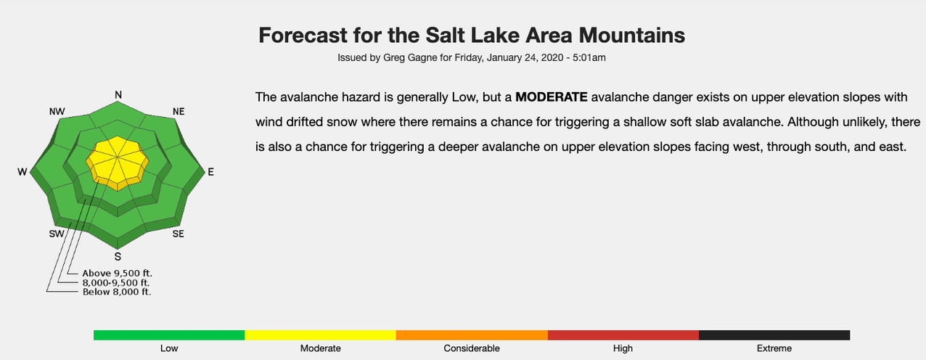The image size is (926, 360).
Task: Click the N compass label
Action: coord(118,95)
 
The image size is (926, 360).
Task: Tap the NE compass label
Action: coord(179,112)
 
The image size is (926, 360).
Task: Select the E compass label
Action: coord(211,172)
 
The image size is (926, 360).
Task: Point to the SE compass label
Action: coord(179,234)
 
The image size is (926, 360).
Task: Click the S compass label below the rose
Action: coord(118,257)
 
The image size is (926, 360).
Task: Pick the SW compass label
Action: coord(57,234)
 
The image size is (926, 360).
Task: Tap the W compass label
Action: coord(22,172)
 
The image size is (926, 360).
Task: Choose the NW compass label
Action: coord(57,112)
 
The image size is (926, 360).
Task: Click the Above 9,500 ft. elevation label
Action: coord(118,273)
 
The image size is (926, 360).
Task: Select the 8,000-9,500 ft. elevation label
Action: coord(116,283)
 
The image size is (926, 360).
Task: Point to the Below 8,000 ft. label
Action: coord(117,292)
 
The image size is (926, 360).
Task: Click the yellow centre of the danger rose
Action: coord(118,161)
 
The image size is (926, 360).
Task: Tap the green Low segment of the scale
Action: coord(169,335)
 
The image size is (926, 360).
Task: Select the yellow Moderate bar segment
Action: coord(320,335)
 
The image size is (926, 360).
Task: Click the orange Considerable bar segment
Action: coord(472,335)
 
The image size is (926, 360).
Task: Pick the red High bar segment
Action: coord(623,335)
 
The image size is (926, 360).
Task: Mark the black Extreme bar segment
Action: coord(774,335)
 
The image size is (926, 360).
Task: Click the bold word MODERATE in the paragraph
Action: coord(552,97)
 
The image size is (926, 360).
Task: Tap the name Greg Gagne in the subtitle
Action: coord(410,57)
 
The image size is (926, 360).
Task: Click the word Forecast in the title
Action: coord(303,35)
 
